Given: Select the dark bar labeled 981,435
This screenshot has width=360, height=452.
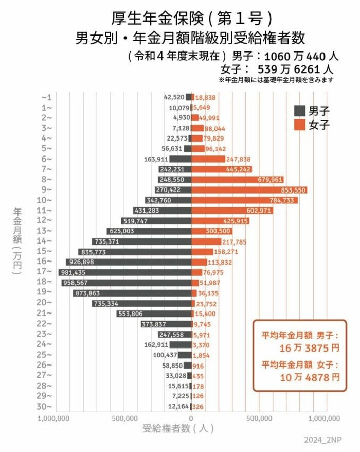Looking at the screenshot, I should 126,272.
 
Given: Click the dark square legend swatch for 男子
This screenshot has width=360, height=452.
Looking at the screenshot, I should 300,110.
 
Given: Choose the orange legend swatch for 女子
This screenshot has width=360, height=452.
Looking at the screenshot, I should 300,124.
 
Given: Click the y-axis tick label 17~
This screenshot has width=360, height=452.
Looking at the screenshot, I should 47,272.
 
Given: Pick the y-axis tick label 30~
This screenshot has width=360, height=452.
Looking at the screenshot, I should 47,406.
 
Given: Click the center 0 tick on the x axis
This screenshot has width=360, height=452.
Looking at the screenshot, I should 191,418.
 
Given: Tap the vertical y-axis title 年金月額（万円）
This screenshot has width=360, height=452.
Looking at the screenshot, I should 17,242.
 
